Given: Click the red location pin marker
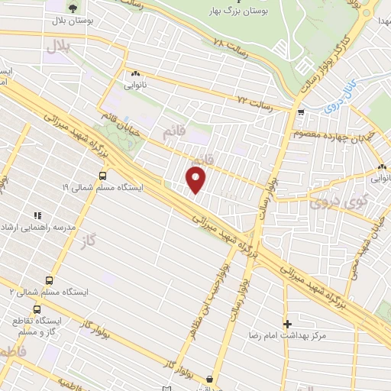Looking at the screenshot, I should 197,180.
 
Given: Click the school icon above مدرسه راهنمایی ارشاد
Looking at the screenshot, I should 34,215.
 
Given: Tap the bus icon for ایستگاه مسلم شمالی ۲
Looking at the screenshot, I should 50,280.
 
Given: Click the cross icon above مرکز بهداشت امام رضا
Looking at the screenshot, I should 287,323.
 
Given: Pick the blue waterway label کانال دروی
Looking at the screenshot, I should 334,95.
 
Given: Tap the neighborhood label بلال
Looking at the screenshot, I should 58,47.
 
